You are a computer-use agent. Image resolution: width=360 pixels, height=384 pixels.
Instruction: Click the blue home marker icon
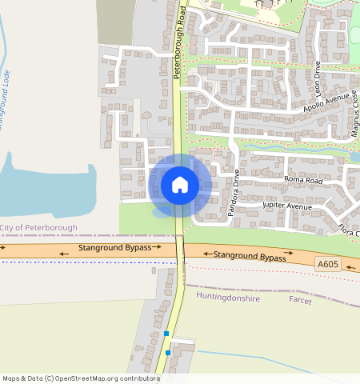coord(180,185)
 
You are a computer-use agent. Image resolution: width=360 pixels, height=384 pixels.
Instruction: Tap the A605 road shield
coord(327,263)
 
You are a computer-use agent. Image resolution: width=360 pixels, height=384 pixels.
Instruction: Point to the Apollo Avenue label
coord(326,101)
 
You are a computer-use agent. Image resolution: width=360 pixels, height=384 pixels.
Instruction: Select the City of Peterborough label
coord(40,228)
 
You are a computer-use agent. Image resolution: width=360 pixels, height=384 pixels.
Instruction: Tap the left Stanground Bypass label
coord(114,249)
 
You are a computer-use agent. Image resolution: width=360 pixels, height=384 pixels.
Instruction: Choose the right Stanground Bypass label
coord(250,257)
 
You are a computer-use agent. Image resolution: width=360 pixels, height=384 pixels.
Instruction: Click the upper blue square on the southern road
coord(166,333)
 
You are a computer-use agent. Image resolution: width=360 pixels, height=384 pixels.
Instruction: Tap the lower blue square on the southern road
coord(168,352)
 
